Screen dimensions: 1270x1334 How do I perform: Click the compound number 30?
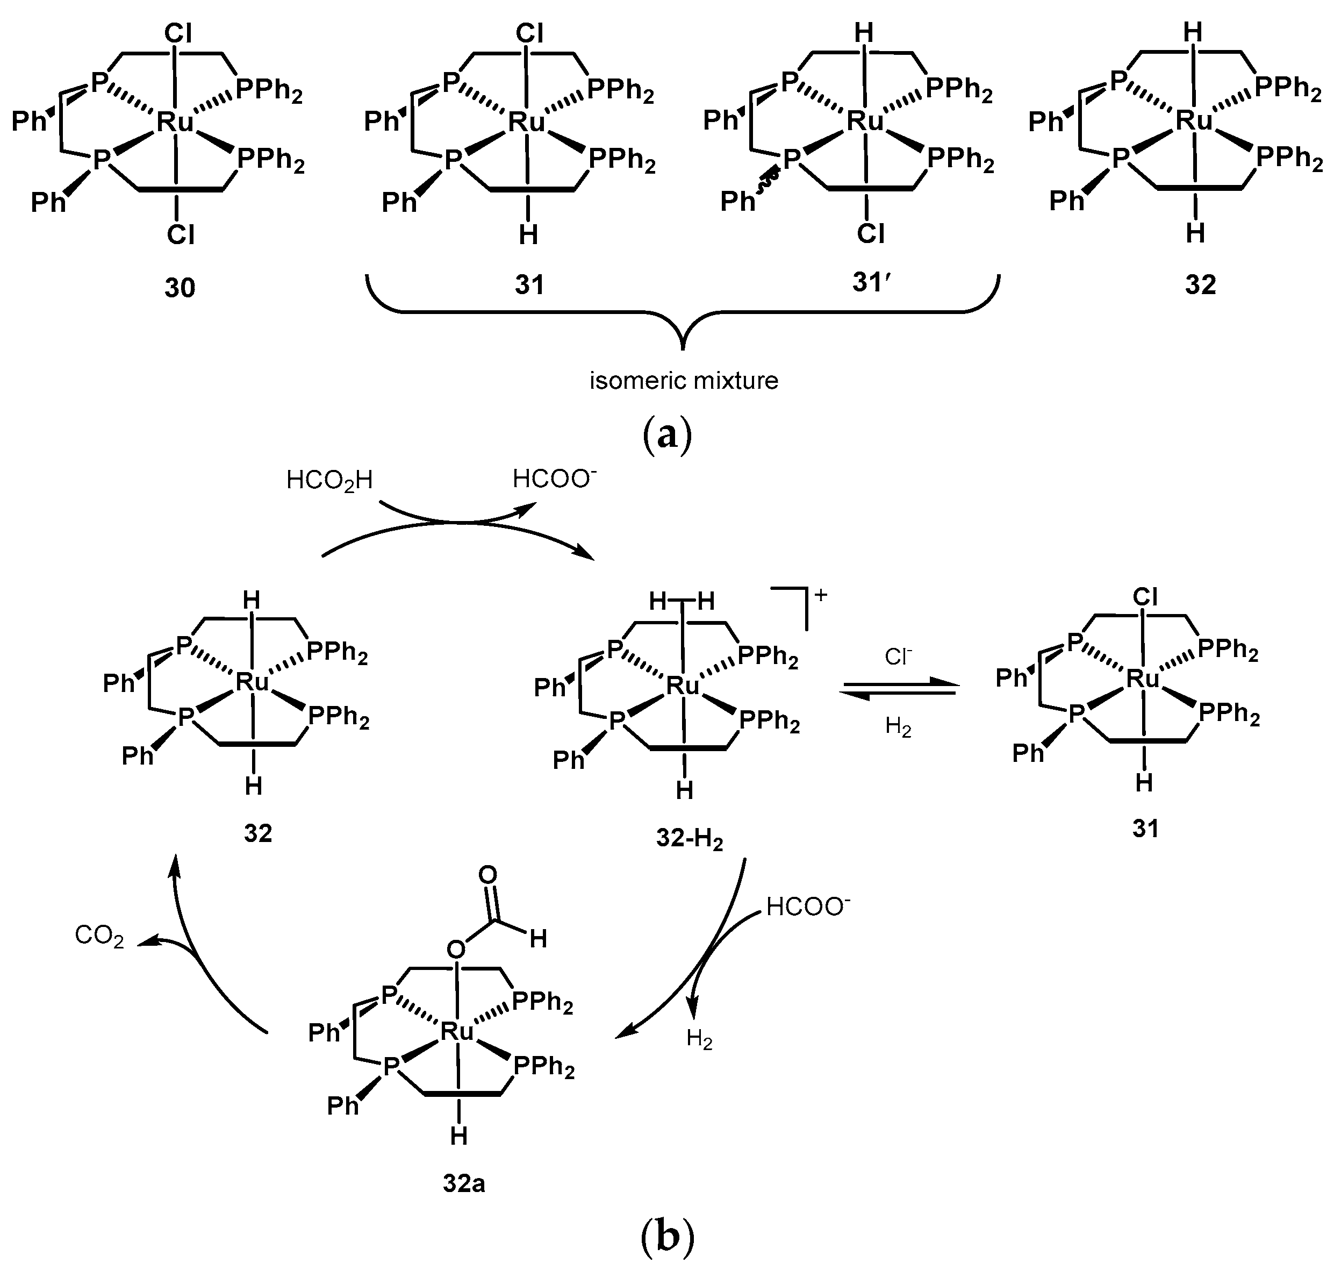180,288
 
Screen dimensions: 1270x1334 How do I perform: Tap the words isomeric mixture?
684,381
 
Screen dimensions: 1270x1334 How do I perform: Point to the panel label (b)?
666,1236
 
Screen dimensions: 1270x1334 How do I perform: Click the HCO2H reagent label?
329,481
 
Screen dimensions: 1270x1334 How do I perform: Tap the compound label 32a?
464,1183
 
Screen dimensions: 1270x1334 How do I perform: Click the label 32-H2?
689,839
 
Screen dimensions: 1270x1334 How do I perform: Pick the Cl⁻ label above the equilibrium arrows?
898,657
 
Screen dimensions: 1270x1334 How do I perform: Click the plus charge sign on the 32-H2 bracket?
821,595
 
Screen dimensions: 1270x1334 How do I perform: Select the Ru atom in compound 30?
175,123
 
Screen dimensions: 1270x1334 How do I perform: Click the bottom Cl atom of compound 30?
180,235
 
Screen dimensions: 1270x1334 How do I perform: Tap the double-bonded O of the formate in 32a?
487,875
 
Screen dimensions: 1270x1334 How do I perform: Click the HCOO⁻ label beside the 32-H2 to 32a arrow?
807,907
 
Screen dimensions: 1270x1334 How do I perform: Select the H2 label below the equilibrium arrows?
898,727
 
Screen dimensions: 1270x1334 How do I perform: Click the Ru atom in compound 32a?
457,1032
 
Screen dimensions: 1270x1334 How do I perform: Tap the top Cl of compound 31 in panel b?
1144,596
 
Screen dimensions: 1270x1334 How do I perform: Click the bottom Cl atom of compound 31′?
870,233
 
